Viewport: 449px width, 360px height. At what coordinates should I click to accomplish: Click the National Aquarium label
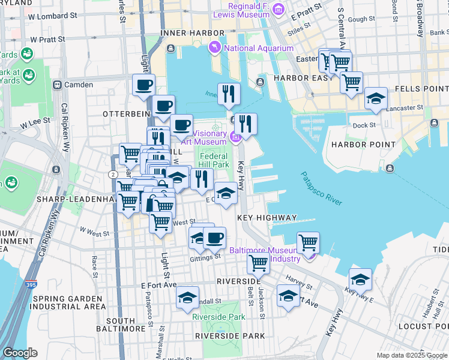(259, 48)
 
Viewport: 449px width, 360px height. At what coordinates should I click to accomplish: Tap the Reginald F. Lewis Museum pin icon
(278, 9)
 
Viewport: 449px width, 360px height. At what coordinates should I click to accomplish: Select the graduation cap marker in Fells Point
(376, 99)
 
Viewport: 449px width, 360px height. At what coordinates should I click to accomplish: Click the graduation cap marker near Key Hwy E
(360, 280)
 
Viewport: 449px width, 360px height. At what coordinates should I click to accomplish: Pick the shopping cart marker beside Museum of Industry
(308, 242)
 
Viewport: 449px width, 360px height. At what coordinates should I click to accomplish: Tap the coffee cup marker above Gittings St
(214, 238)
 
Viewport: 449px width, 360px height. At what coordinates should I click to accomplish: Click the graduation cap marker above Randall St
(187, 298)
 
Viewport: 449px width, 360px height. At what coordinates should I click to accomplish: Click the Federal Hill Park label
(214, 160)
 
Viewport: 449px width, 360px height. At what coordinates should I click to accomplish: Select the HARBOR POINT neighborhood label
(363, 145)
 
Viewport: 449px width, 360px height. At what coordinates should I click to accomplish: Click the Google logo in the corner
(20, 353)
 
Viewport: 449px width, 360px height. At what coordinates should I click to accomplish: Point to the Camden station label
(79, 85)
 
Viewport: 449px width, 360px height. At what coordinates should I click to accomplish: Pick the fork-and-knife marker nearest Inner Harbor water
(229, 93)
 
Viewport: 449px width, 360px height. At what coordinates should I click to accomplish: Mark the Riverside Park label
(219, 317)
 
